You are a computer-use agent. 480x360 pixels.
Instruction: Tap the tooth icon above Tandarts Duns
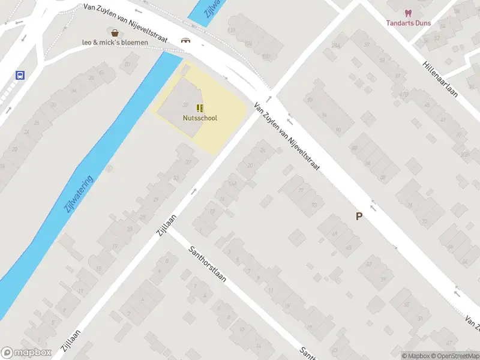pos(408,13)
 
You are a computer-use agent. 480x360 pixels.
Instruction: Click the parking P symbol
pos(359,217)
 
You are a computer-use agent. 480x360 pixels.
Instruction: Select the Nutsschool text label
pos(200,118)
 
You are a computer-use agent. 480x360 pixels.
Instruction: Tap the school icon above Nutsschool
pos(200,108)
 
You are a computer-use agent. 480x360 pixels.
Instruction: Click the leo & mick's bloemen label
pos(115,43)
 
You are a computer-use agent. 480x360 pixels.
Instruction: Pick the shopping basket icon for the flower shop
pos(114,32)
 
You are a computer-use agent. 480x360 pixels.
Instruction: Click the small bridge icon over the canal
pos(187,41)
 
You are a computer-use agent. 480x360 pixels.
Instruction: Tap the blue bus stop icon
pos(20,76)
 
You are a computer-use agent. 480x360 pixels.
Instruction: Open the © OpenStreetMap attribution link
pos(454,356)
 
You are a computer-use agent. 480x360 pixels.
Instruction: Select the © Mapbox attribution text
pos(416,356)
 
